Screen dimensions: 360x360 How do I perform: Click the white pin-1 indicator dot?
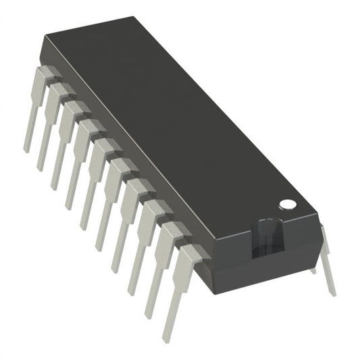tap(287, 203)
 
